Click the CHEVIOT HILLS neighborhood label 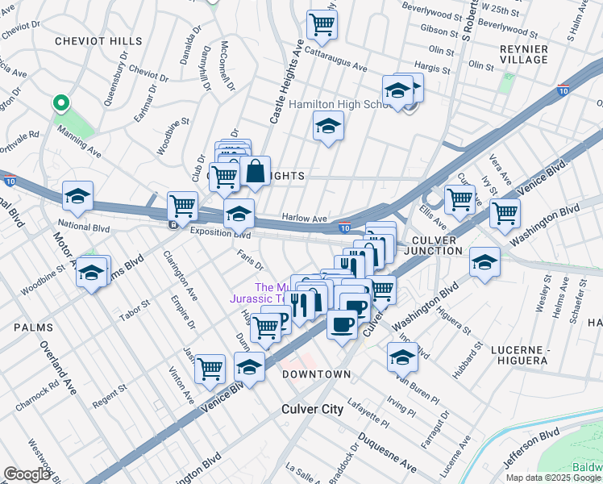click(x=87, y=40)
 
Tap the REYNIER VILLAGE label click(x=525, y=54)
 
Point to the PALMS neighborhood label click(x=33, y=328)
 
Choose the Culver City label click(x=312, y=409)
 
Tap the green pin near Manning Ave click(x=59, y=103)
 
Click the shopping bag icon click(x=255, y=172)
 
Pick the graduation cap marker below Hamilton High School click(x=327, y=127)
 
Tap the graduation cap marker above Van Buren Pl click(x=402, y=357)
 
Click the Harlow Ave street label click(x=304, y=218)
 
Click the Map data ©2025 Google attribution click(x=553, y=478)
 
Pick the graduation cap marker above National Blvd click(x=78, y=196)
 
